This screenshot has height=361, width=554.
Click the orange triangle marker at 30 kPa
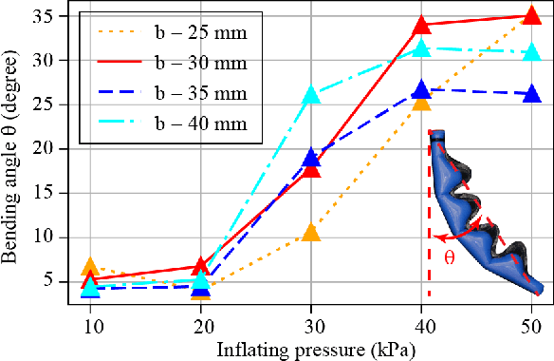click(311, 232)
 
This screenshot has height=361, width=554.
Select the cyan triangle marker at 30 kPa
click(311, 95)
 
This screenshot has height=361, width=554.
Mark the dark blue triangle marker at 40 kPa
click(421, 89)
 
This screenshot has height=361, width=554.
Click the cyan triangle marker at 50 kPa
click(532, 52)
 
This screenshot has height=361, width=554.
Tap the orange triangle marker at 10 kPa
click(90, 267)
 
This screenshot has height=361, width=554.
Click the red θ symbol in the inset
click(450, 256)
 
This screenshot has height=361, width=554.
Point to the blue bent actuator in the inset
click(484, 218)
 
